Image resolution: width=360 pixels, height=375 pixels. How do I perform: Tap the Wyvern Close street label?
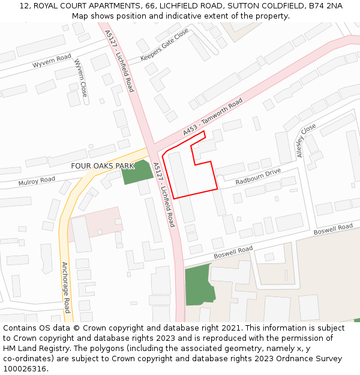tap(81, 78)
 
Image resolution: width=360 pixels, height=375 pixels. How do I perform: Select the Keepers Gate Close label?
tap(164, 44)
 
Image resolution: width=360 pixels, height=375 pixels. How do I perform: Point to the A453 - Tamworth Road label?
tap(213, 117)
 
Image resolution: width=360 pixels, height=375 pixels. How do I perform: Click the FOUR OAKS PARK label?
tap(103, 166)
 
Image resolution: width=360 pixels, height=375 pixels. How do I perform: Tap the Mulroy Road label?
tap(37, 181)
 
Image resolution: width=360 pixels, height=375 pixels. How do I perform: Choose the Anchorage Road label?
tap(67, 287)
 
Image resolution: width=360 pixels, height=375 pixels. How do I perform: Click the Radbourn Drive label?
tap(258, 176)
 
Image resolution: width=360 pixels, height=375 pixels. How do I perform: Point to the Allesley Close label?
tap(306, 141)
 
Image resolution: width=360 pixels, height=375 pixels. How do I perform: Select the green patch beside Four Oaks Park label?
tap(137, 172)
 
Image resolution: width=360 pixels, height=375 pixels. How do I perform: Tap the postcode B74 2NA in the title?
tap(326, 6)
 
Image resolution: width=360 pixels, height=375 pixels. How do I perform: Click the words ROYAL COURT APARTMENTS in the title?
tap(79, 6)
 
